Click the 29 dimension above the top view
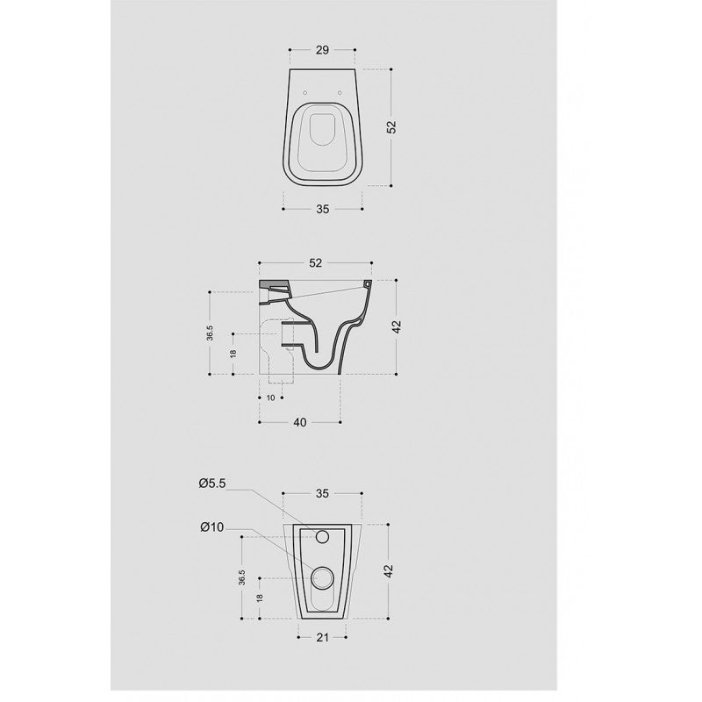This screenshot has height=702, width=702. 321,51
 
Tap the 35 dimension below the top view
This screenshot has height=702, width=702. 322,209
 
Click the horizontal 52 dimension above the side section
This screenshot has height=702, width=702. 316,262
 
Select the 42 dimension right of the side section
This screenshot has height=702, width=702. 397,326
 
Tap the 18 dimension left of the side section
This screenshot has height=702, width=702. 232,354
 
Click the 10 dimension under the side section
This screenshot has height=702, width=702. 271,398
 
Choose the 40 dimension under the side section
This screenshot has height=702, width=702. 299,423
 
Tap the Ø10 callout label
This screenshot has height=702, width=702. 211,526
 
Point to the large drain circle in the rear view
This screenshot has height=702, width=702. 322,577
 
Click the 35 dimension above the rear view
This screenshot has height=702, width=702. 321,493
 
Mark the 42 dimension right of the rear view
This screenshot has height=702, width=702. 388,569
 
